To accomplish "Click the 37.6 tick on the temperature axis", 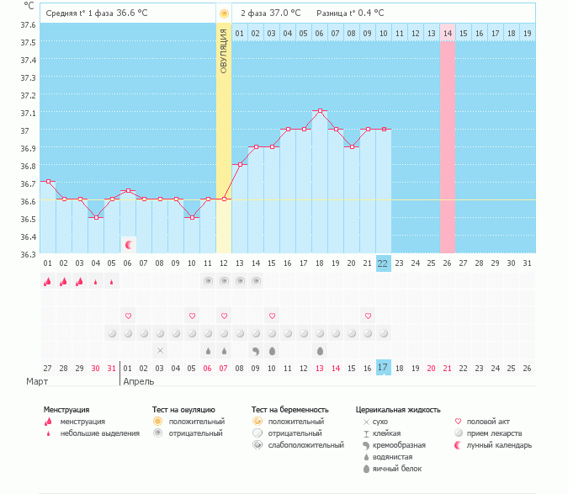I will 29,24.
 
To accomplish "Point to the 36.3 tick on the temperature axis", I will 29,254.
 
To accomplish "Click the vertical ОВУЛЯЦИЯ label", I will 224,50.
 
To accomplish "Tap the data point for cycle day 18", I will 320,111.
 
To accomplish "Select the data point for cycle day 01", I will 48,182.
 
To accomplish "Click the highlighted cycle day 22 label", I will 383,263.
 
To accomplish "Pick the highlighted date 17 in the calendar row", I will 383,368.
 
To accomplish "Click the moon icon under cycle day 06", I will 129,245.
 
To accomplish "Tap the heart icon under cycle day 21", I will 368,316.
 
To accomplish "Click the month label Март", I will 37,382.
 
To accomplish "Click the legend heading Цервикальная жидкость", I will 398,410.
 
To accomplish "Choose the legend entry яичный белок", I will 396,468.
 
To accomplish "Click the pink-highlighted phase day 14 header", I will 448,33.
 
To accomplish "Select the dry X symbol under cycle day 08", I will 161,350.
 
